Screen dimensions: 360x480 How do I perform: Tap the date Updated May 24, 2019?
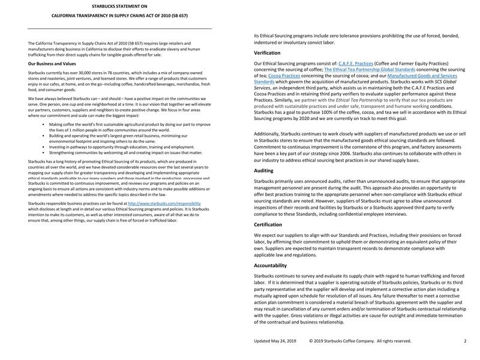(x=275, y=341)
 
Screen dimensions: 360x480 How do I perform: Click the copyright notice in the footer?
(x=360, y=341)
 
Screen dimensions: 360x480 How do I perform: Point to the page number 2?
(x=465, y=341)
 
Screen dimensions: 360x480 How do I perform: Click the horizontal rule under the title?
(x=119, y=29)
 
